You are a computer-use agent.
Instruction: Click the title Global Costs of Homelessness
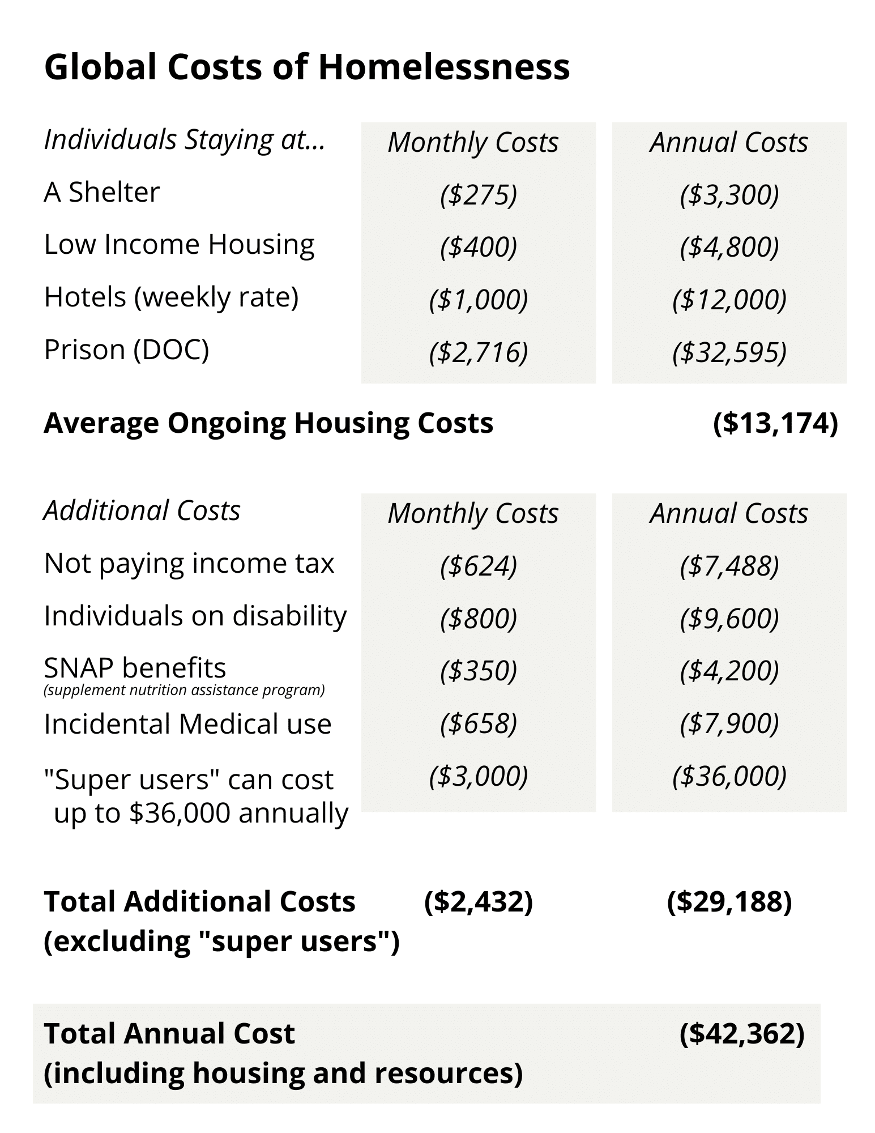[307, 67]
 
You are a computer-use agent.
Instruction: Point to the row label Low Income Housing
[179, 245]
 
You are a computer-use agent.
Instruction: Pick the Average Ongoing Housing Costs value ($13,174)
[775, 423]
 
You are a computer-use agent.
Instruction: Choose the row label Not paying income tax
[189, 564]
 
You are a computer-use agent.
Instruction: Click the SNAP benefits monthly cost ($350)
[479, 671]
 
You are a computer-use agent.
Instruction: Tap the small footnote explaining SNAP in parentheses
[184, 691]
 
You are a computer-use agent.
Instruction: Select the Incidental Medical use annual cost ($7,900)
[729, 723]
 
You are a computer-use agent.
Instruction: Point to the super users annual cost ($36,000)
[729, 776]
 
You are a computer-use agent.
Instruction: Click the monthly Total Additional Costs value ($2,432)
[479, 902]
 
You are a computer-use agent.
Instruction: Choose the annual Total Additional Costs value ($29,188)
[729, 902]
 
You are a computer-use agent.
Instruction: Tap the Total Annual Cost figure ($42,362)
[742, 1033]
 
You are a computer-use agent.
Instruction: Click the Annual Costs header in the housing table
[729, 142]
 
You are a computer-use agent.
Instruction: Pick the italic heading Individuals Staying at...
[185, 140]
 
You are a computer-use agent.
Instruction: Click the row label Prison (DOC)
[126, 350]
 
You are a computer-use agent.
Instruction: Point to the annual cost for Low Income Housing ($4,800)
[729, 247]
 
